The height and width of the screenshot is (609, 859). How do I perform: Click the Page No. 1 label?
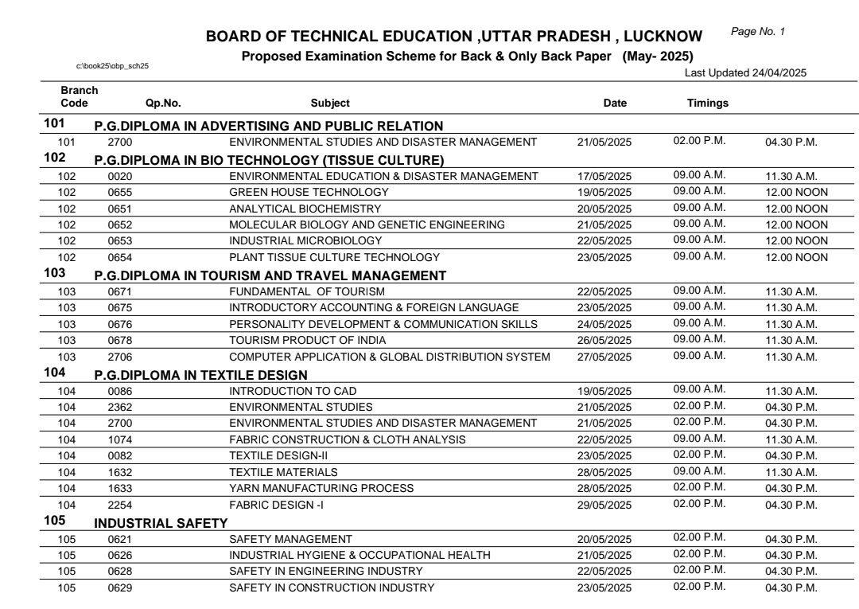[757, 32]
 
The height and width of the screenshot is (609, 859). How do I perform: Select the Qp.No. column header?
[163, 103]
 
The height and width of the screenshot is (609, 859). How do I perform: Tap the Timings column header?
[707, 103]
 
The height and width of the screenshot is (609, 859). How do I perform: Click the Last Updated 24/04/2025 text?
[745, 72]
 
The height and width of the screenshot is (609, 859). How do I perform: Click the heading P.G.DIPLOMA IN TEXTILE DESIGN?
[200, 374]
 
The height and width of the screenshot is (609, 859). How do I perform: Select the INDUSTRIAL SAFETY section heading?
[161, 523]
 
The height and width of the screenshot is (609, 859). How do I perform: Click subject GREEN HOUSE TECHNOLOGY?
[309, 192]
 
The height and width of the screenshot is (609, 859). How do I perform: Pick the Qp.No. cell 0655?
[120, 192]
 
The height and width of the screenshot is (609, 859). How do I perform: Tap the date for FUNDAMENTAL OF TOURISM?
[604, 292]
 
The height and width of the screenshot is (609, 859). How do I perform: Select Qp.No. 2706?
[120, 357]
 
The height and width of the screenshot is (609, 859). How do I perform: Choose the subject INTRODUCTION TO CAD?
[293, 391]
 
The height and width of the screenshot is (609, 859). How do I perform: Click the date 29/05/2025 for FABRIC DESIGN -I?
[604, 505]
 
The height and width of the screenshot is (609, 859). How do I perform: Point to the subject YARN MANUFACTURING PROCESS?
[321, 488]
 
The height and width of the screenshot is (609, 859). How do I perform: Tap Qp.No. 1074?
[120, 439]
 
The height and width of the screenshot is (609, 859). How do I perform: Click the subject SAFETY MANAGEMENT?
[290, 539]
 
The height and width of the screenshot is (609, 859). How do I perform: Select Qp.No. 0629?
[120, 588]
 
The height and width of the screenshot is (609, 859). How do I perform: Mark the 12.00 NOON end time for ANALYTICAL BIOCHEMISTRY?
[796, 209]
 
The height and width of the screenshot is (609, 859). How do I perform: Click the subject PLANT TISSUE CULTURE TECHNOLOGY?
[334, 257]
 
